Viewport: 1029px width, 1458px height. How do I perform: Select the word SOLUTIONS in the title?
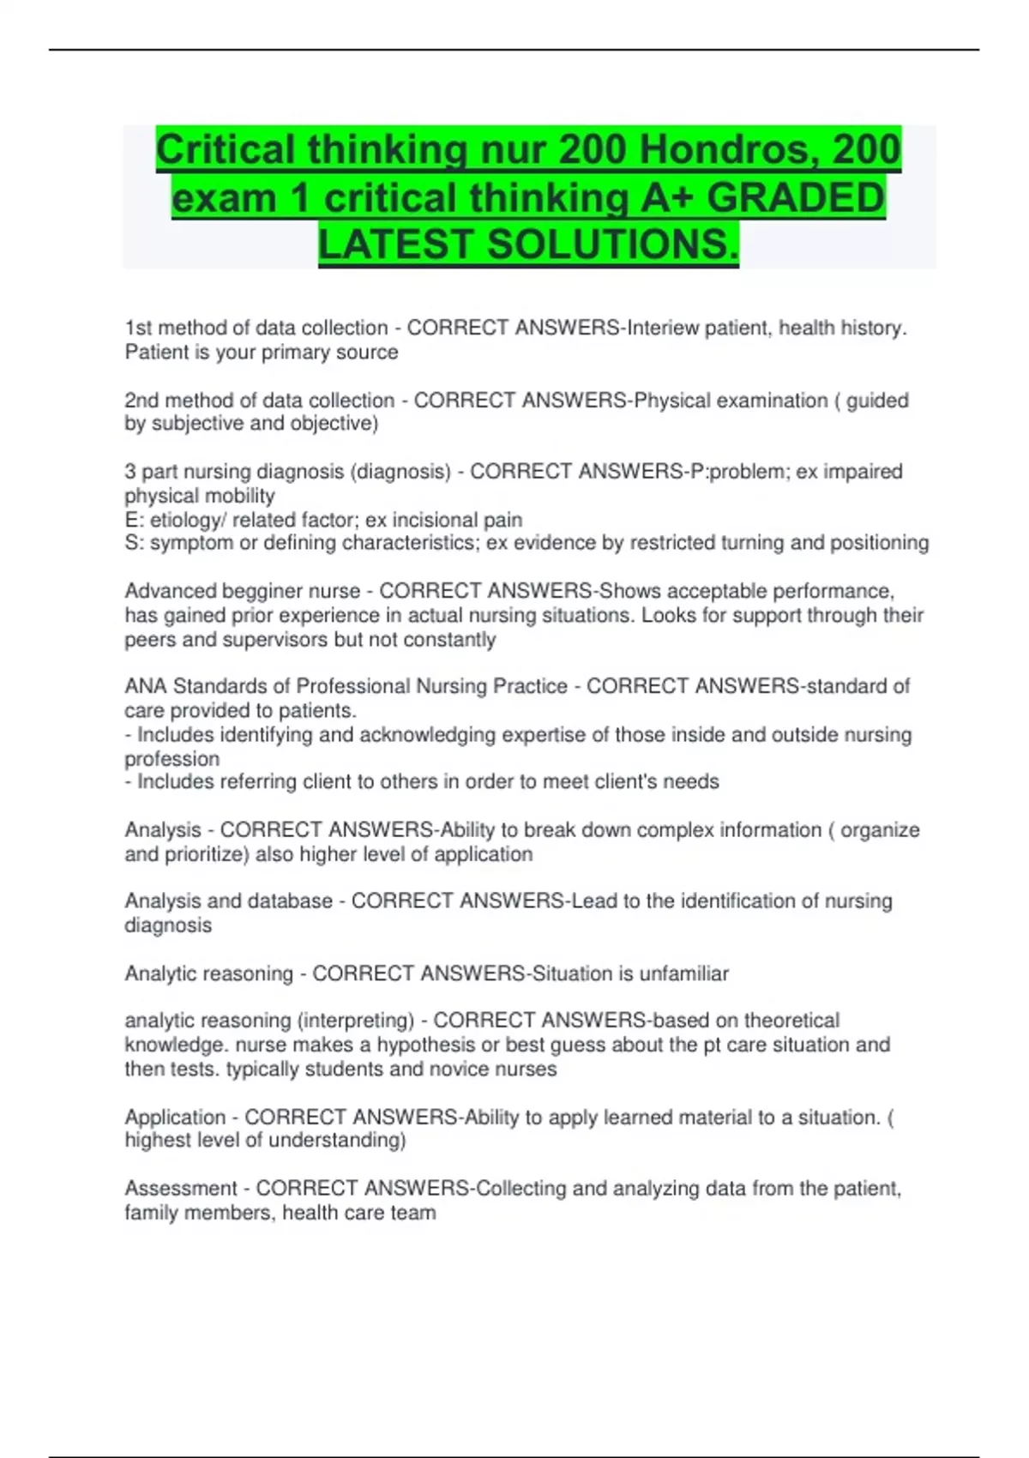(611, 244)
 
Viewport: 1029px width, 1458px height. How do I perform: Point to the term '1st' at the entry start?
(138, 328)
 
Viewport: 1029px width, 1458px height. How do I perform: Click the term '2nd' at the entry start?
(141, 401)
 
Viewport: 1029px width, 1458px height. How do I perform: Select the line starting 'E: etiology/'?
(323, 520)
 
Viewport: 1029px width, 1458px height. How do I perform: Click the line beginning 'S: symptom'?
(527, 543)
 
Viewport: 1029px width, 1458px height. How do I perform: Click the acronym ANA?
(146, 686)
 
